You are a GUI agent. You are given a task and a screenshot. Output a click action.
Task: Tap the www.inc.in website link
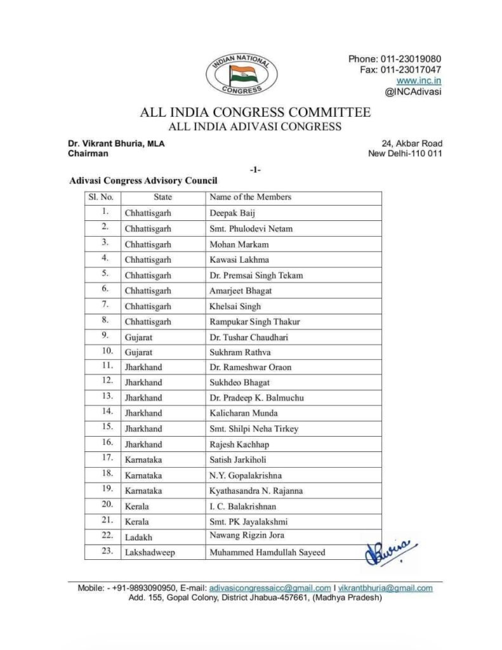(x=419, y=81)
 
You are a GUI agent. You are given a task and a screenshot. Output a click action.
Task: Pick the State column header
(x=163, y=197)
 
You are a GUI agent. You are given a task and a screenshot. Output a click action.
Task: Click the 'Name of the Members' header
(x=250, y=197)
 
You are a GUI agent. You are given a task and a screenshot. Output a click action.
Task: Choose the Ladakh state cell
(x=140, y=537)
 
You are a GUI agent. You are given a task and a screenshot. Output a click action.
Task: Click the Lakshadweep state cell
(x=150, y=552)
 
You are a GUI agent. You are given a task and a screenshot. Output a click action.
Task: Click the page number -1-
(x=256, y=169)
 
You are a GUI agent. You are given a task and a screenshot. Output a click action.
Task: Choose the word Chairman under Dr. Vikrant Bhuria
(x=88, y=154)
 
